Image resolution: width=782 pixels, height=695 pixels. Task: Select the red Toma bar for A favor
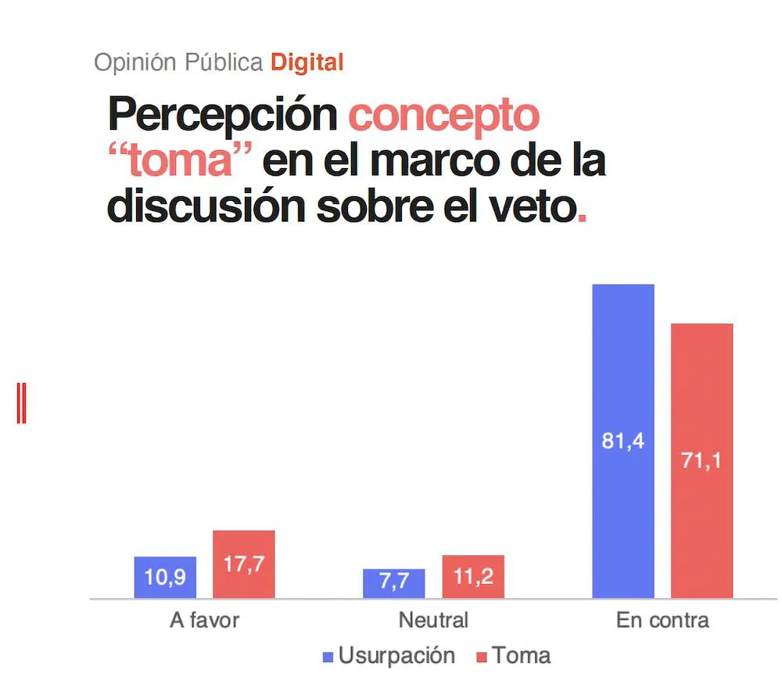click(x=244, y=564)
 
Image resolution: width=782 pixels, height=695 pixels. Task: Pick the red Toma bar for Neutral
click(x=473, y=577)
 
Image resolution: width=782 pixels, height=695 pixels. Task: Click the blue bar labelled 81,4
click(x=623, y=441)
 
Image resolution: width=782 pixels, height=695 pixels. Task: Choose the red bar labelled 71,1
click(x=702, y=460)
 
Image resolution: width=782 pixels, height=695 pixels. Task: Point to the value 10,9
click(x=165, y=578)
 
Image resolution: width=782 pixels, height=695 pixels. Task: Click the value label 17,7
click(x=244, y=565)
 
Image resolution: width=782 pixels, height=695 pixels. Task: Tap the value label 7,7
click(x=394, y=583)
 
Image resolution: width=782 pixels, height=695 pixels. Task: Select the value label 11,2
click(x=473, y=577)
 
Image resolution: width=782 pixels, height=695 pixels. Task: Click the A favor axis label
click(x=204, y=621)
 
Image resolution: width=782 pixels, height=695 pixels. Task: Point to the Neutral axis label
click(x=433, y=621)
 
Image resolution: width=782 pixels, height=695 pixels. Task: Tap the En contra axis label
click(x=662, y=621)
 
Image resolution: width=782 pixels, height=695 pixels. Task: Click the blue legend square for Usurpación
click(x=328, y=656)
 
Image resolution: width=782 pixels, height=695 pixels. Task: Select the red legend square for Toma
click(x=482, y=656)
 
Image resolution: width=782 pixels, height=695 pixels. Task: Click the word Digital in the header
click(x=307, y=63)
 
